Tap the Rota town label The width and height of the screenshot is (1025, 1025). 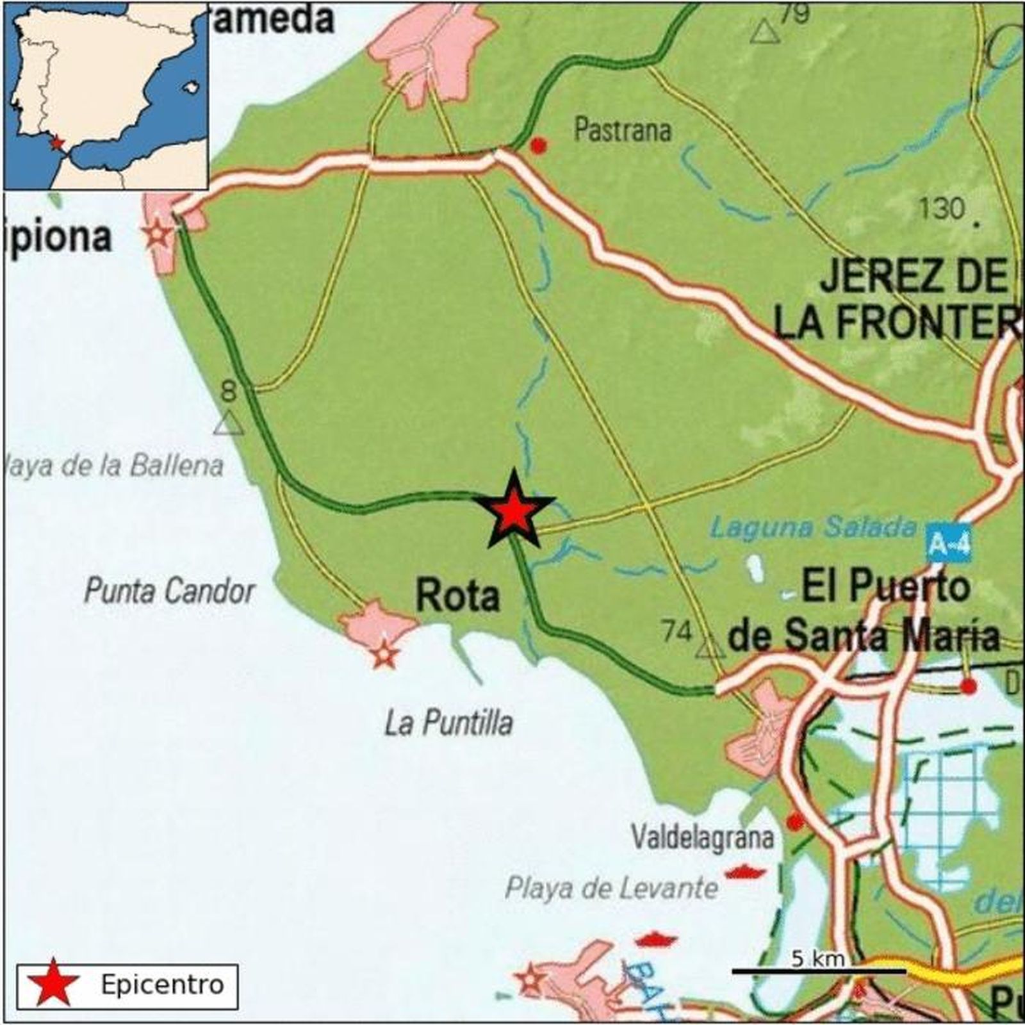[x=457, y=595]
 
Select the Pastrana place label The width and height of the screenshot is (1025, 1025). [x=622, y=130]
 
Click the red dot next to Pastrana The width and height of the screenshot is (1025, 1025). [x=539, y=146]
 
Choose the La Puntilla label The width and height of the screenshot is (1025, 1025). [x=449, y=724]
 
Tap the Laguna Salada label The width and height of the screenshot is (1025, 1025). [x=814, y=527]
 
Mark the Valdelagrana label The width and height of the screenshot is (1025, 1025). [x=703, y=837]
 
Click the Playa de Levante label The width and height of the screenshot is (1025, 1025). [x=612, y=888]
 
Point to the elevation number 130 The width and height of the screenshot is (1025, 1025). [x=942, y=209]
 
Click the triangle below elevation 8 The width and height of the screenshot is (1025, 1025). [x=228, y=424]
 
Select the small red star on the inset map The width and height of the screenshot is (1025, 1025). [x=58, y=142]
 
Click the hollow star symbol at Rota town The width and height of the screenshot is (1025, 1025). [x=384, y=655]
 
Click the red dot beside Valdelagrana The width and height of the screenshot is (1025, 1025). [x=795, y=821]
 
